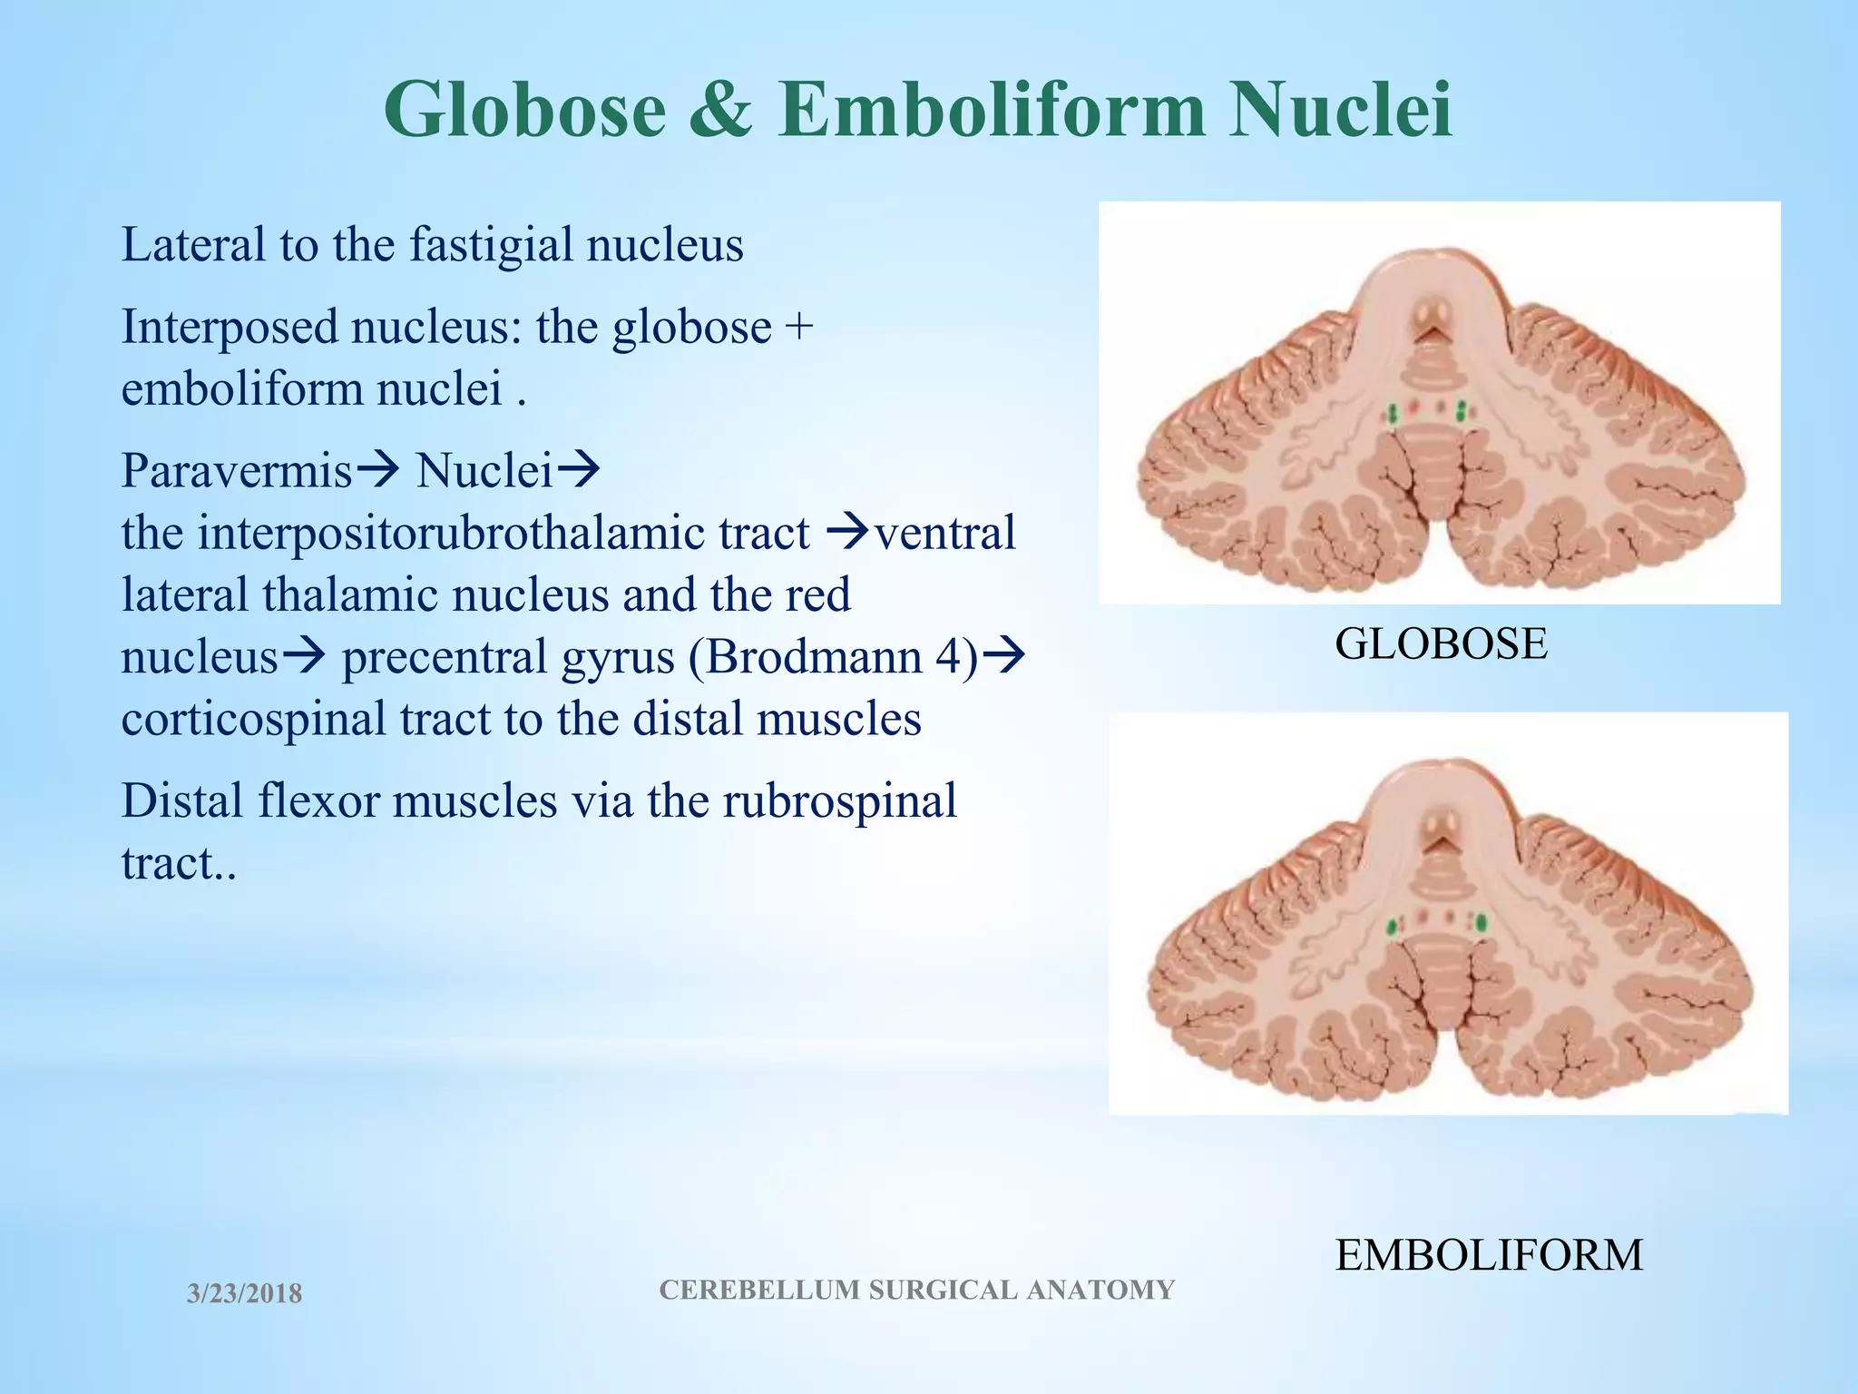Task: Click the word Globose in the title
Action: [x=524, y=111]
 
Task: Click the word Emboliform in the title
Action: [x=992, y=111]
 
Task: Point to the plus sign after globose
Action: [x=799, y=327]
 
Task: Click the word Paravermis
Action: [x=237, y=470]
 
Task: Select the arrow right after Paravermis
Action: [x=376, y=470]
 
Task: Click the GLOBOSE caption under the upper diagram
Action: [x=1441, y=643]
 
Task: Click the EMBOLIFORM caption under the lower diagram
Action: [x=1489, y=1255]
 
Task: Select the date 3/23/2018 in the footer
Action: [x=244, y=1293]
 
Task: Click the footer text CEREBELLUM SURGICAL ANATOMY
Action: [x=916, y=1290]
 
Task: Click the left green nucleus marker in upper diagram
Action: [x=1392, y=414]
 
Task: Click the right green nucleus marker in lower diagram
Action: [x=1482, y=925]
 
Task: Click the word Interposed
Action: [x=230, y=327]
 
